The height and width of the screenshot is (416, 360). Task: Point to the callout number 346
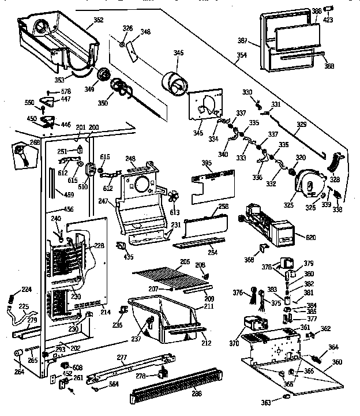(179, 53)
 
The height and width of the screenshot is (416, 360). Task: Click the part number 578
(66, 92)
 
